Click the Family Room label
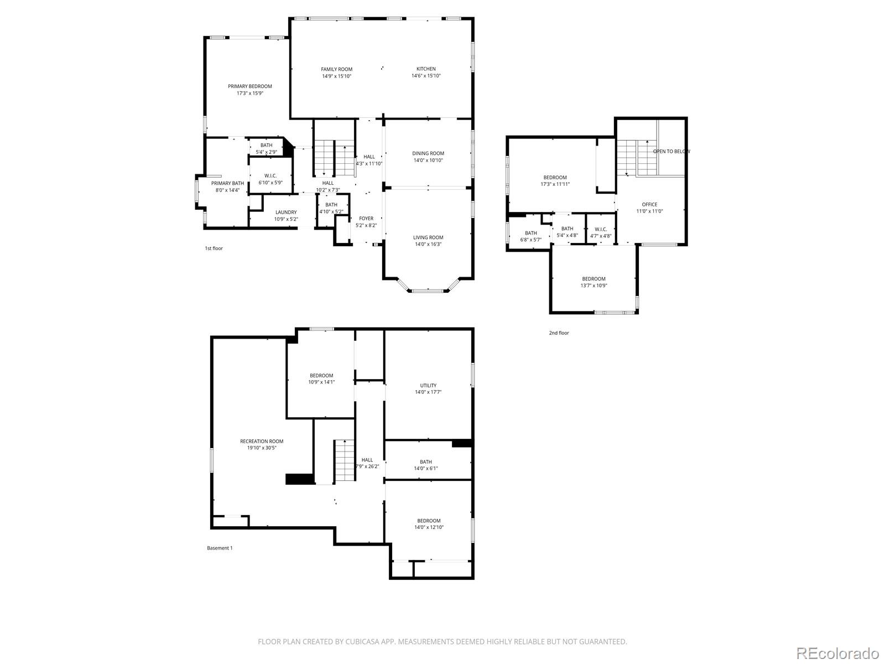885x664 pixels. pos(336,69)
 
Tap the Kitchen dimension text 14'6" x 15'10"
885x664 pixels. pos(426,76)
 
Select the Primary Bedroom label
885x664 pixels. pos(250,86)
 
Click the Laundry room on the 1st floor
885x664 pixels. pos(286,215)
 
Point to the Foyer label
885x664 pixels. pos(366,219)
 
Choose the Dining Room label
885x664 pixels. pos(428,153)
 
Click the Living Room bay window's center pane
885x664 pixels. pos(428,290)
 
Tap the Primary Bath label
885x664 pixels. pos(227,183)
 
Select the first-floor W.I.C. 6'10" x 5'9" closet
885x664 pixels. pos(270,179)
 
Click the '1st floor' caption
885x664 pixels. pos(214,248)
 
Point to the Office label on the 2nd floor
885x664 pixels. pos(649,204)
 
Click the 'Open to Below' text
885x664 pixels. pos(671,151)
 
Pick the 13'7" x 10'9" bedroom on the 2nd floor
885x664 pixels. pos(594,282)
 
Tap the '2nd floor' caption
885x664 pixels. pos(559,333)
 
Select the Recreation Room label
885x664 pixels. pos(262,441)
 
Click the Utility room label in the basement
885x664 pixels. pos(428,386)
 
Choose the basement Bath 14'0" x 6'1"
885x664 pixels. pos(426,465)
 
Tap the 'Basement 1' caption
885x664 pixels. pos(220,548)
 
